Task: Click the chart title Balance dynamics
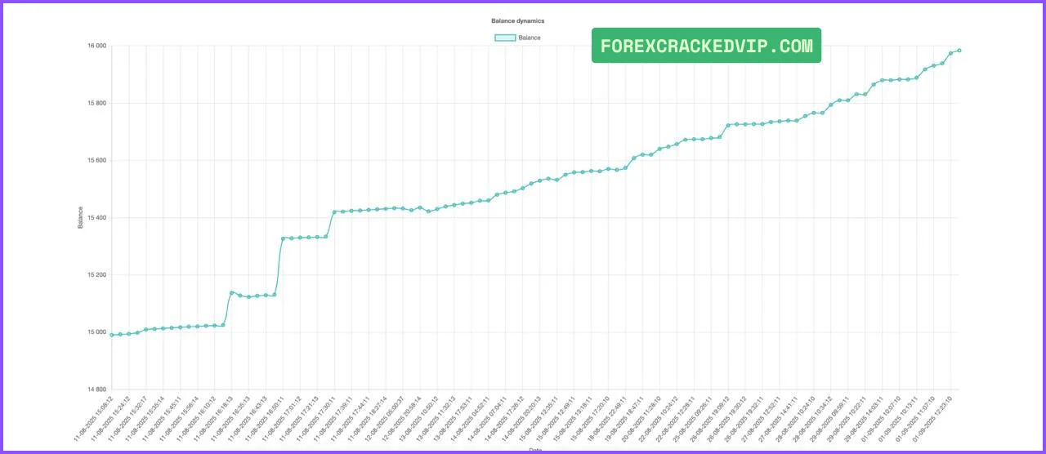tap(517, 20)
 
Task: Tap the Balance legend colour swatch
tap(505, 38)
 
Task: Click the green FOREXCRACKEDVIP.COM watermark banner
tap(706, 46)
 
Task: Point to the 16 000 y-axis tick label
tap(96, 47)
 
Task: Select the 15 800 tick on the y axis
tap(96, 104)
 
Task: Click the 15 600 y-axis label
tap(96, 161)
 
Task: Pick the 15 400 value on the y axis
tap(96, 218)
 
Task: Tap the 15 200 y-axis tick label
tap(96, 275)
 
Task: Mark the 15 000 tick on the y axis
tap(96, 332)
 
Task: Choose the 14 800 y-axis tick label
tap(96, 389)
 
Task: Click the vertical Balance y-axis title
tap(80, 217)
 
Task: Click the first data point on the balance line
tap(112, 335)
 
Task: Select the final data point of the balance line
tap(959, 51)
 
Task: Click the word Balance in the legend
tap(530, 38)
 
